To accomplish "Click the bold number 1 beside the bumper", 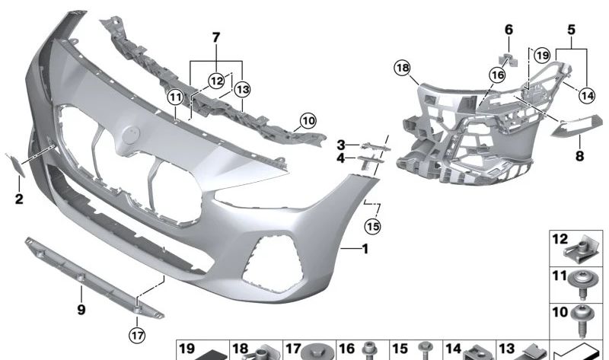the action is [365, 249].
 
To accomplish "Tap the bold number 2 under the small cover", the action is [19, 199].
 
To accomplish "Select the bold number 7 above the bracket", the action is [216, 37].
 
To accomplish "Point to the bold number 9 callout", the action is [81, 310].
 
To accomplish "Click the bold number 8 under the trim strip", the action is [579, 156].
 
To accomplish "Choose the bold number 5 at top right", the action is [572, 30].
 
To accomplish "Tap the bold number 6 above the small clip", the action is [509, 30].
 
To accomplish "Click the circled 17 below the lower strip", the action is [137, 335].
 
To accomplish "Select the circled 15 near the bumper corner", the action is [373, 226].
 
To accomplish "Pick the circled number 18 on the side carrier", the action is [402, 68].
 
